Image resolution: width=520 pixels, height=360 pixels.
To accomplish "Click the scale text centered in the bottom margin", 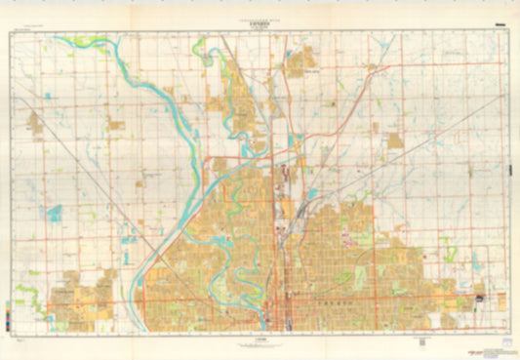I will tap(259, 340).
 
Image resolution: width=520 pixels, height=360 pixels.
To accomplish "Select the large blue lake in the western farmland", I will tap(54, 211).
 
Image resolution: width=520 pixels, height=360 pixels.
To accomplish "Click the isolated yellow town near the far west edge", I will tap(36, 124).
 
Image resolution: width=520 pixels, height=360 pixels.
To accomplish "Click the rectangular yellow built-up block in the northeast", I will tap(395, 140).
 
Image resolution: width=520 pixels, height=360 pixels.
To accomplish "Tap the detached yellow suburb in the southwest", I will tap(83, 298).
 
